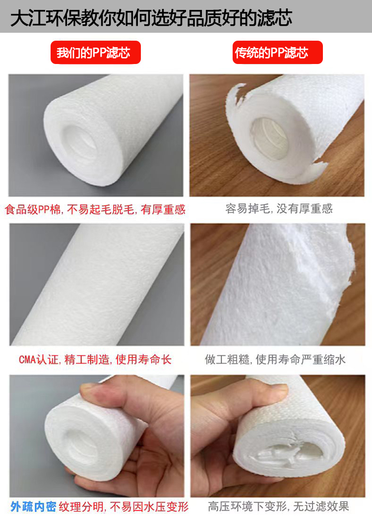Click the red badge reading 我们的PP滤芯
click(x=96, y=52)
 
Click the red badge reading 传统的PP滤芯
click(x=278, y=52)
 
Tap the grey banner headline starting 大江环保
click(x=152, y=17)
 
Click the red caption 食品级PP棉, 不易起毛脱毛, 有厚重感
click(x=95, y=209)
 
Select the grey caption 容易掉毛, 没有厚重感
click(x=279, y=208)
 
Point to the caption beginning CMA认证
click(x=95, y=359)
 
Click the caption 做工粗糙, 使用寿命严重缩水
click(x=275, y=359)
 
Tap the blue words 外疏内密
click(x=33, y=507)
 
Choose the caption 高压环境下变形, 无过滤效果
click(x=278, y=507)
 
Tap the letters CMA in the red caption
click(x=27, y=359)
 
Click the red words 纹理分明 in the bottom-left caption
click(x=81, y=507)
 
